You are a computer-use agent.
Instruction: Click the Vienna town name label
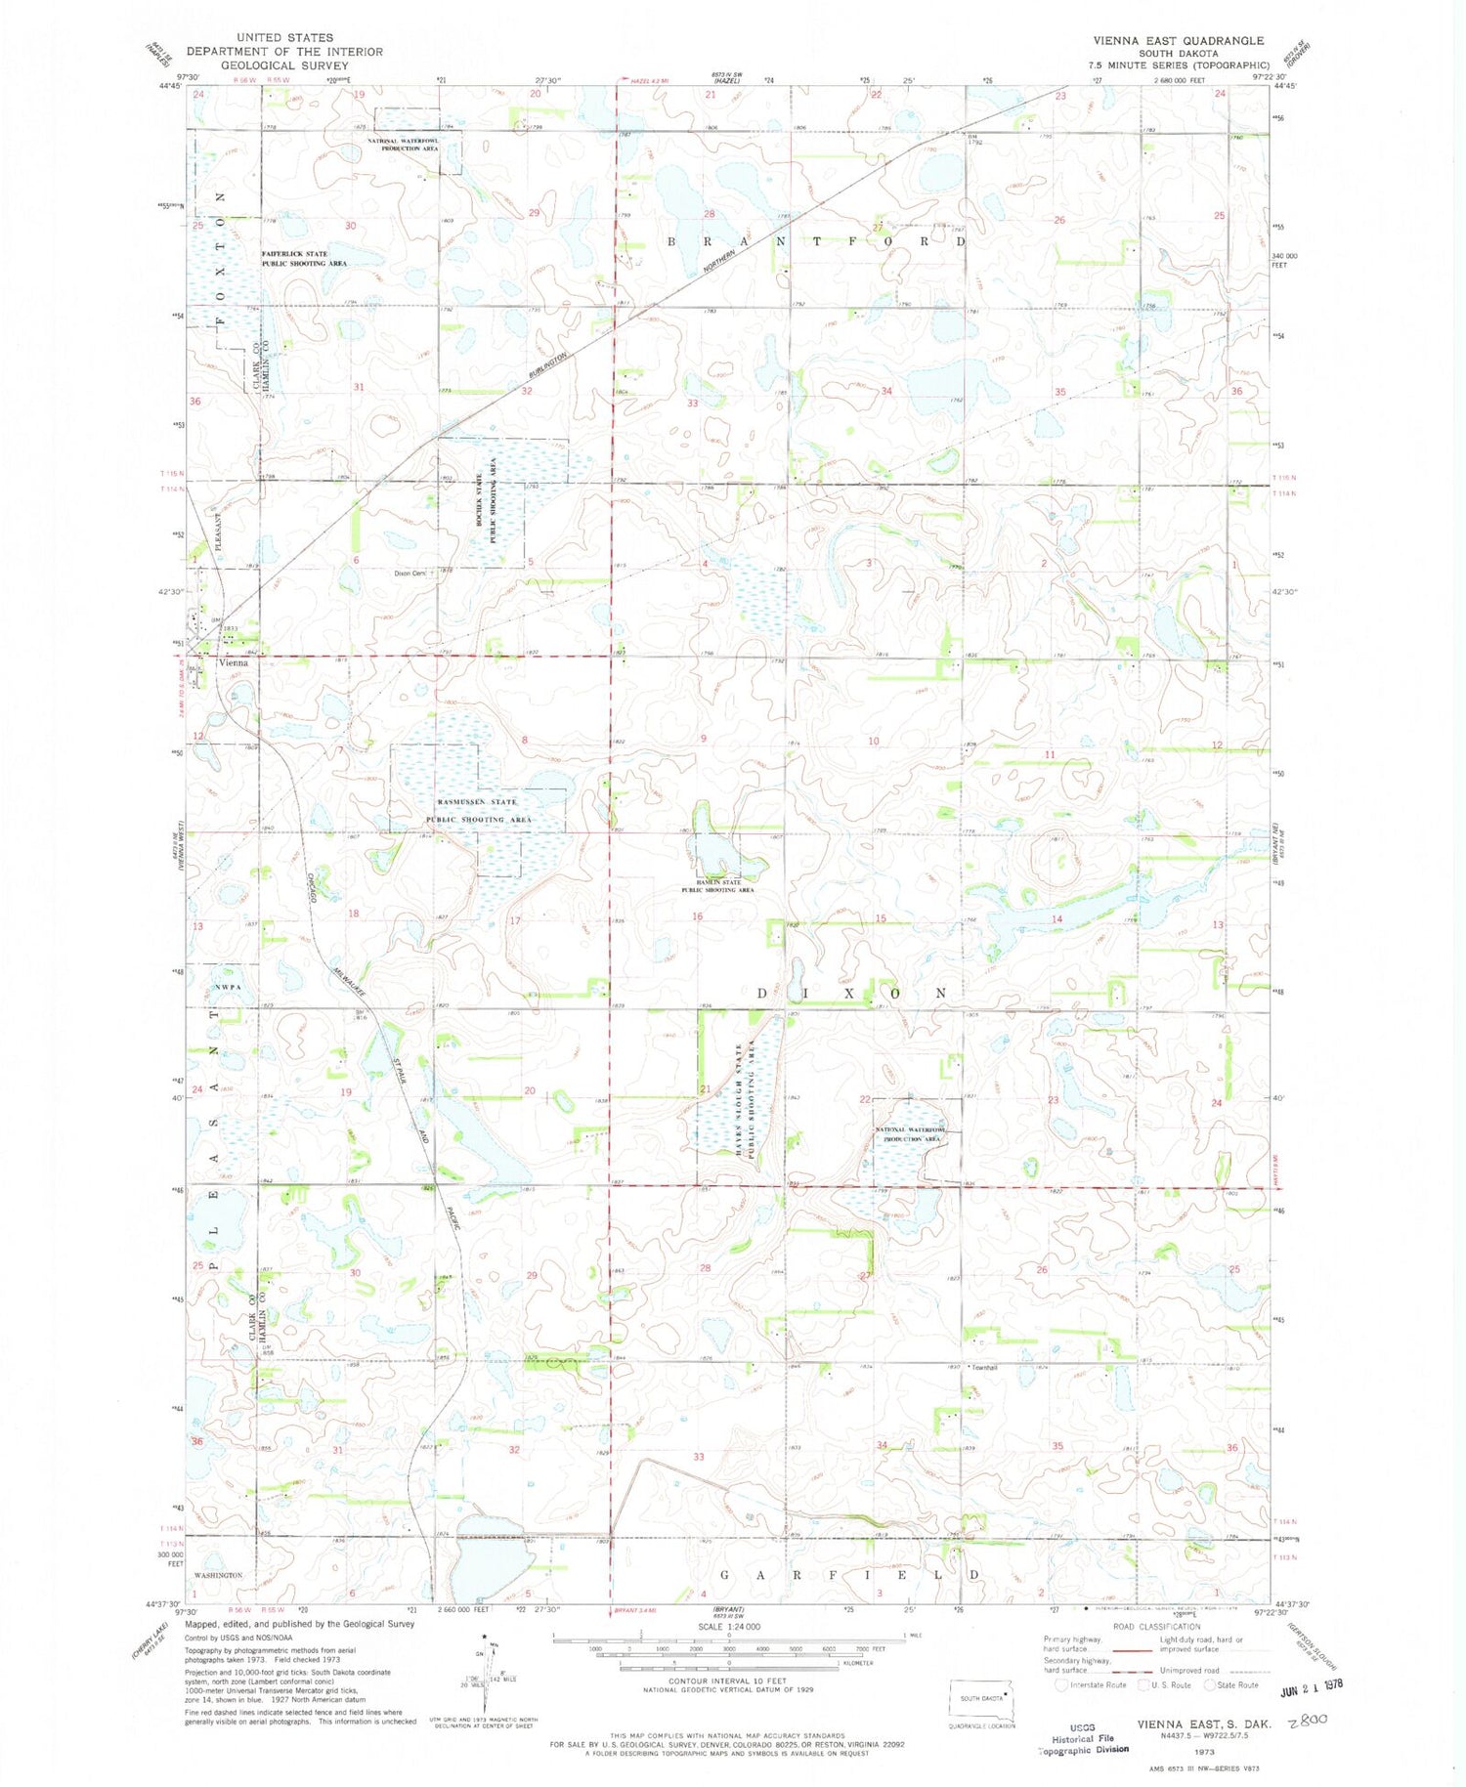tap(234, 661)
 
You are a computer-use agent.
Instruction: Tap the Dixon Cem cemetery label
tap(410, 574)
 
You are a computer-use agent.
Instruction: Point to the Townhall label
tap(982, 1367)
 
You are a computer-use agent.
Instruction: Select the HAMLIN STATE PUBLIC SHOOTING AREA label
tap(718, 886)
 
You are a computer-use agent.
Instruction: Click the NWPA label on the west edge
tap(227, 987)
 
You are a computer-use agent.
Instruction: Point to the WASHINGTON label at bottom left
tap(218, 1574)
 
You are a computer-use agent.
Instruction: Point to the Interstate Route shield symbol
tap(1062, 1684)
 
